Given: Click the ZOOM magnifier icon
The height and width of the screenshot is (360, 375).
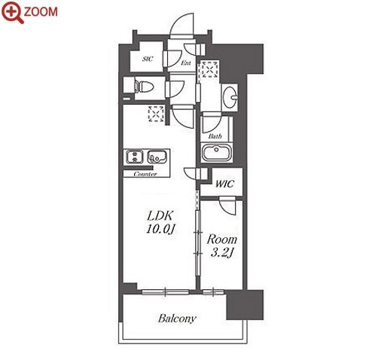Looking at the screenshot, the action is tap(12, 12).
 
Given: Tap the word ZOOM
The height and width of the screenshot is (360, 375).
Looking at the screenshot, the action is tap(41, 12).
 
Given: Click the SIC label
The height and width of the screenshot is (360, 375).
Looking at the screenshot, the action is tap(148, 59).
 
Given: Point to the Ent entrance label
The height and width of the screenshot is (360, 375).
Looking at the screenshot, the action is tap(186, 63).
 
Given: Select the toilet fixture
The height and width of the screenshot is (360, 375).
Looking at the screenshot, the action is tap(144, 86).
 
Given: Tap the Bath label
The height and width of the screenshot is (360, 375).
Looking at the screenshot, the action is tap(215, 136).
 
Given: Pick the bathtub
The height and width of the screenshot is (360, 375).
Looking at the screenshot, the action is tap(216, 152).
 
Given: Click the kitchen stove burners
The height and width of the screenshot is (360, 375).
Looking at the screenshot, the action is tap(135, 157).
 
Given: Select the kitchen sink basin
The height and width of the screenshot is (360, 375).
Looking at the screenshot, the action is tap(157, 157).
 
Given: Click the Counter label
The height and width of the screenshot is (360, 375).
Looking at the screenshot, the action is tap(145, 174).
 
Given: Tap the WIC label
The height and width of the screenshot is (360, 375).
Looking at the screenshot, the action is tap(224, 184).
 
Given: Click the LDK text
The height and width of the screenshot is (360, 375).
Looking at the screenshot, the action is tap(160, 215).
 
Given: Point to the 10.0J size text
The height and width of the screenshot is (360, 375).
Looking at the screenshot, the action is tap(160, 229).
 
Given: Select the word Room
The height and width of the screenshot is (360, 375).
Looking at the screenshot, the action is tap(222, 239).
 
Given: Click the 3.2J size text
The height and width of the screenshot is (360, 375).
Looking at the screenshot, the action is tap(222, 252).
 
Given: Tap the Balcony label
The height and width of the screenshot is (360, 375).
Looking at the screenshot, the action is tap(177, 319).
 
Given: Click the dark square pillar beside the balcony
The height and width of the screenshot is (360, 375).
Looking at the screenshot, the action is tap(245, 305).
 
